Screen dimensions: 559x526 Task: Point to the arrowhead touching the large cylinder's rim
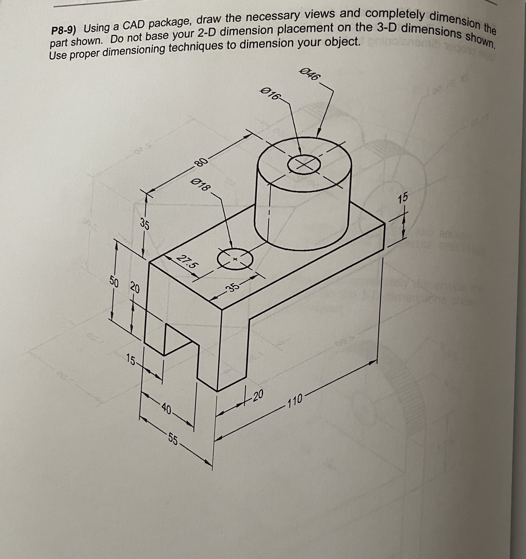[x=319, y=133]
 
